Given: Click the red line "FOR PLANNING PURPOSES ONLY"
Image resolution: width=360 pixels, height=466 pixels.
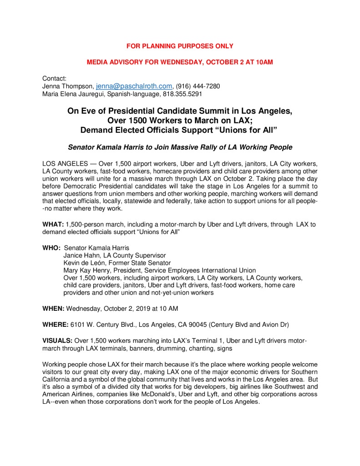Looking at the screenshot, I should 180,46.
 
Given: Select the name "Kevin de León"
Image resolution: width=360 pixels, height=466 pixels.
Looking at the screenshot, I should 85,263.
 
